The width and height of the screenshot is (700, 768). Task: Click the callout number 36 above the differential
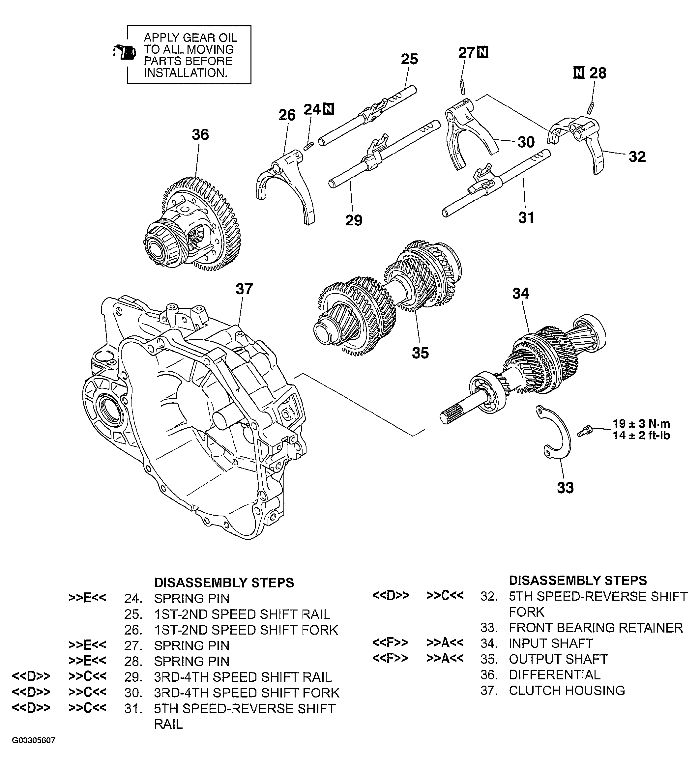(200, 134)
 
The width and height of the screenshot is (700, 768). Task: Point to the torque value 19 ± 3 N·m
(641, 424)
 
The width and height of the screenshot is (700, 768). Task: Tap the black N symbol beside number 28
(579, 72)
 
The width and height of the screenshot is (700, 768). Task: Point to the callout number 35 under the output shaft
(420, 353)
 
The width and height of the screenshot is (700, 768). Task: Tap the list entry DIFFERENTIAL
(554, 675)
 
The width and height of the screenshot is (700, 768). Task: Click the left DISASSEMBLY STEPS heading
(224, 583)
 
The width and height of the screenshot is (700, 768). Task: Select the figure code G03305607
(34, 751)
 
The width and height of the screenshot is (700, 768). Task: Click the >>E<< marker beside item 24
(87, 598)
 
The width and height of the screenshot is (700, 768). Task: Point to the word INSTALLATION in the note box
(185, 73)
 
